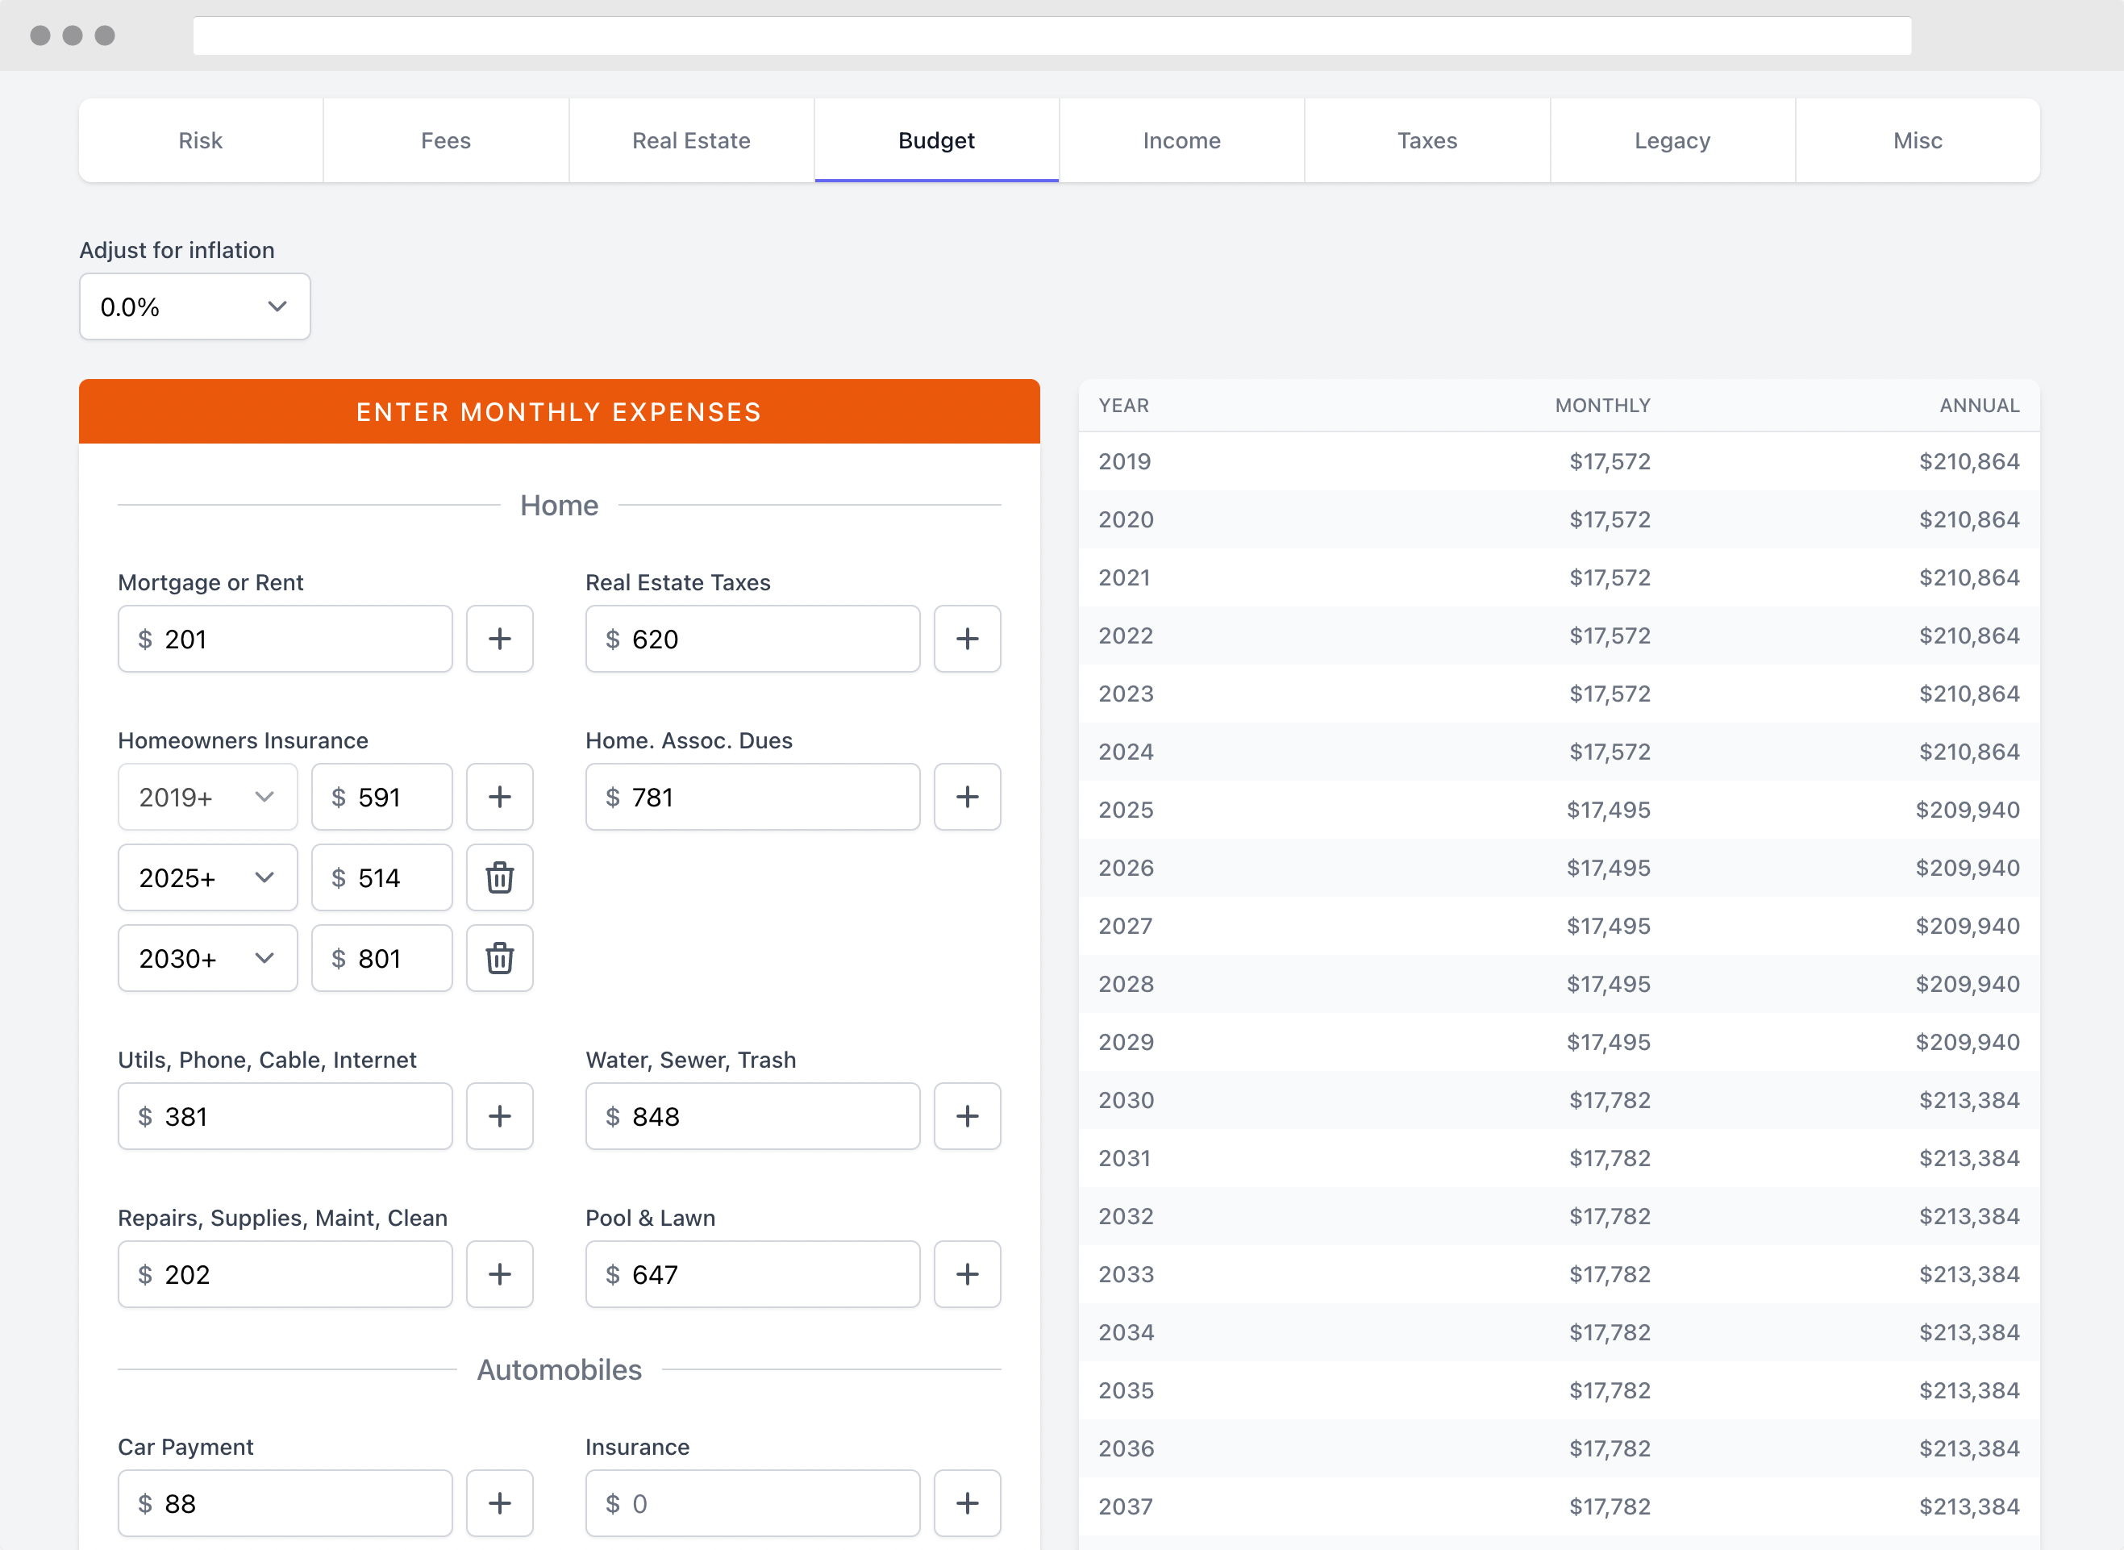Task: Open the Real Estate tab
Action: (x=691, y=141)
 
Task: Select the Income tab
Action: (x=1182, y=141)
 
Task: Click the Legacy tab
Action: (x=1672, y=141)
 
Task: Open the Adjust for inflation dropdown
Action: (x=195, y=306)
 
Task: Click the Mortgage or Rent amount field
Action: (x=285, y=639)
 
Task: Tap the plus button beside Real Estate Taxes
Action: (x=967, y=639)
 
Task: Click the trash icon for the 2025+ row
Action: (x=500, y=877)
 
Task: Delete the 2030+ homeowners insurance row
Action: (x=500, y=958)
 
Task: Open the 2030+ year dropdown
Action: (x=207, y=958)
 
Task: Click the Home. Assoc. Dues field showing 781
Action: (x=752, y=797)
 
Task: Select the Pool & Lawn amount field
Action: (x=752, y=1274)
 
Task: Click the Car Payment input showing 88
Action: (x=285, y=1503)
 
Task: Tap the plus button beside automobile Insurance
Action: (x=967, y=1503)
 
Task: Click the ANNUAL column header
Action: (x=1980, y=406)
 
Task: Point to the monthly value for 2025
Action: (x=1608, y=810)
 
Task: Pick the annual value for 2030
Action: (x=1969, y=1100)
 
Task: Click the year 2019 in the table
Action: (x=1125, y=461)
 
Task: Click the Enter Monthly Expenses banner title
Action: (x=559, y=412)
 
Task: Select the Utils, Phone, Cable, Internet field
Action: (x=285, y=1115)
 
